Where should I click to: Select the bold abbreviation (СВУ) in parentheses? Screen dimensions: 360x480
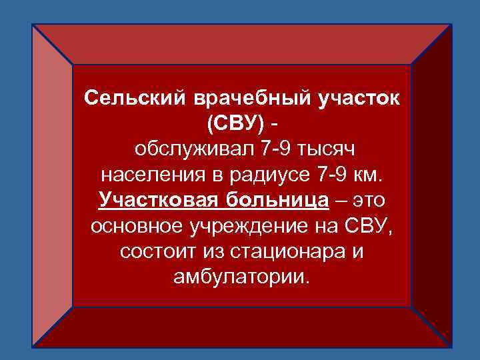pyautogui.click(x=235, y=124)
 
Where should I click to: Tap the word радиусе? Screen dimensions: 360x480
pyautogui.click(x=250, y=175)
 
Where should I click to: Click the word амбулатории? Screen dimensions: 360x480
pyautogui.click(x=241, y=276)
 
